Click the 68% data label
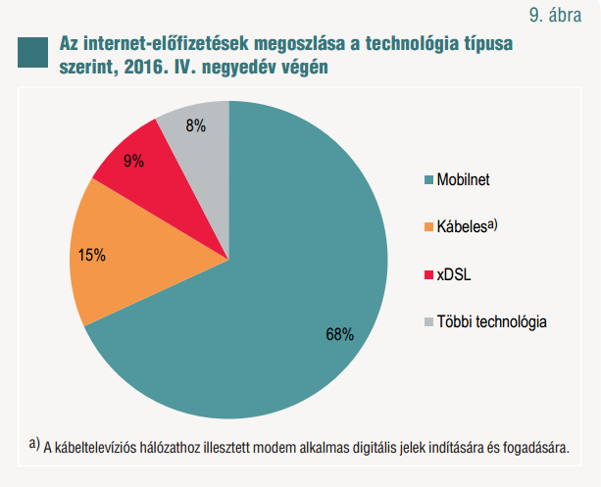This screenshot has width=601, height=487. pyautogui.click(x=339, y=334)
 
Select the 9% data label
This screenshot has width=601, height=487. pyautogui.click(x=134, y=161)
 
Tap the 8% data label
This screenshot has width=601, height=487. pyautogui.click(x=195, y=125)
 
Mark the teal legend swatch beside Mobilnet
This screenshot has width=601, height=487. pyautogui.click(x=427, y=181)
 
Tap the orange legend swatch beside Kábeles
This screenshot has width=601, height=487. pyautogui.click(x=427, y=227)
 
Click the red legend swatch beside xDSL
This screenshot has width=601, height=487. pyautogui.click(x=427, y=274)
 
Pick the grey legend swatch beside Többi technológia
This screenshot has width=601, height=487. pyautogui.click(x=427, y=321)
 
